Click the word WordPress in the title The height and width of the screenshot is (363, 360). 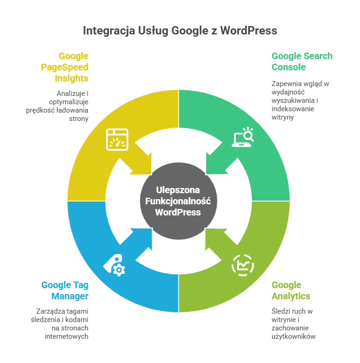coord(248,31)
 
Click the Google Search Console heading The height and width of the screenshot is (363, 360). coord(302,61)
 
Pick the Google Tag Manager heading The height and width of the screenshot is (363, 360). coord(65,290)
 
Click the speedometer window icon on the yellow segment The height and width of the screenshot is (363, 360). coord(118,139)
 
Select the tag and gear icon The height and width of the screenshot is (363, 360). coord(114,265)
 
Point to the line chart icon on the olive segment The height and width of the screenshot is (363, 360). coord(243,265)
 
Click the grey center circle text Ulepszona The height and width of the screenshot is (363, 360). coord(178,190)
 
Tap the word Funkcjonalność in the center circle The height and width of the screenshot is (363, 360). coord(178,201)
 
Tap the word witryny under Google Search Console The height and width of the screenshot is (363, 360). coord(282,117)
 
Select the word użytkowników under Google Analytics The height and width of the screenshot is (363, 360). coord(294,336)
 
